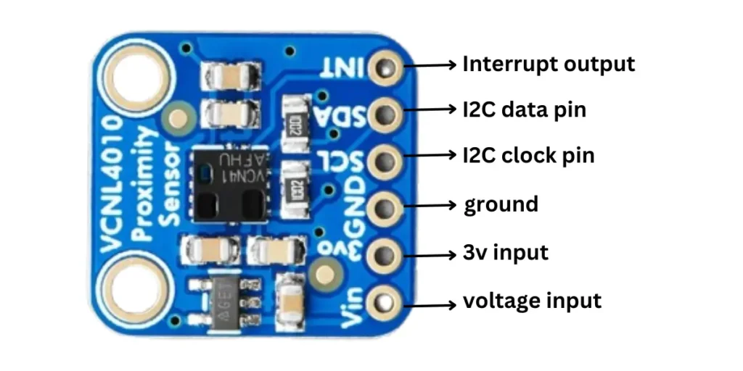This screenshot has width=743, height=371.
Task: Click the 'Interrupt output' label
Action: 549,64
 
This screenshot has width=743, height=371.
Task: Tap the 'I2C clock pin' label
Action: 528,155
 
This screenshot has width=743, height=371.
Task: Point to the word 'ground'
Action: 501,204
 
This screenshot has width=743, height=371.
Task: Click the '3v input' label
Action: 505,253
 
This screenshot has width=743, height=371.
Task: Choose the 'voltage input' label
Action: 532,300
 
